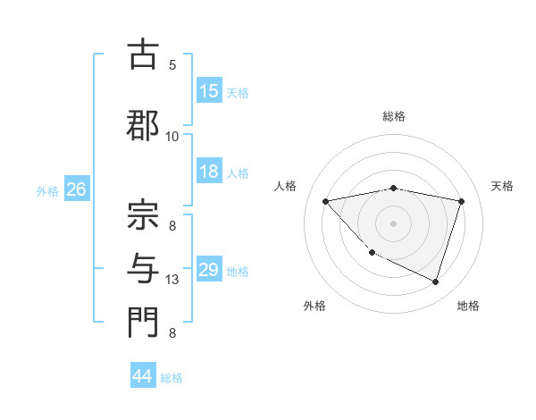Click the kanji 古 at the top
point(142,55)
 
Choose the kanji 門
point(142,323)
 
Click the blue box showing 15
point(209,91)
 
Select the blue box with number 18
point(209,172)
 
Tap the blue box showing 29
point(209,270)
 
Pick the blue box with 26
point(76,189)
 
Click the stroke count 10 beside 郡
point(172,136)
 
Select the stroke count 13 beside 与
point(172,280)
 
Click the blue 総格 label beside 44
point(172,378)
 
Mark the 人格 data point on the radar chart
point(326,201)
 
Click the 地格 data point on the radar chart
point(435,281)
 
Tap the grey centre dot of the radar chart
point(393,223)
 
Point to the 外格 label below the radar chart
point(314,307)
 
